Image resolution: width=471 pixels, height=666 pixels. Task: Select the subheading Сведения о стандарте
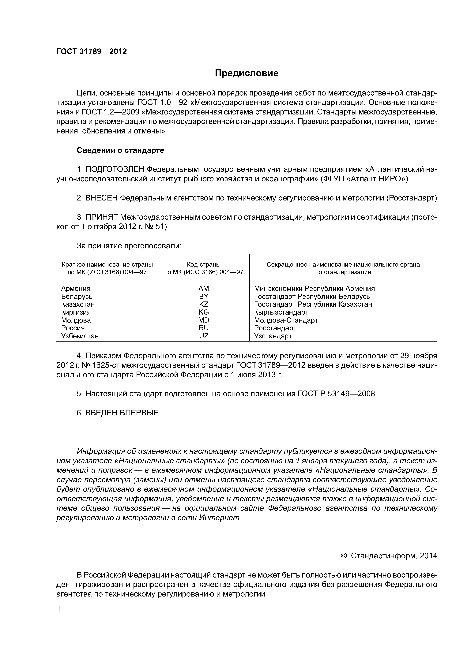pyautogui.click(x=120, y=150)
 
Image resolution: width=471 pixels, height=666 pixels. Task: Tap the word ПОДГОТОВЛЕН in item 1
pyautogui.click(x=115, y=169)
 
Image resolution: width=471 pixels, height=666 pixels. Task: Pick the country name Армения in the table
pyautogui.click(x=76, y=289)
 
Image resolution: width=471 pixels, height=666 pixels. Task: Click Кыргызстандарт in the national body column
pyautogui.click(x=281, y=312)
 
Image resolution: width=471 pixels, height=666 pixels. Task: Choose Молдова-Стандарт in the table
pyautogui.click(x=286, y=320)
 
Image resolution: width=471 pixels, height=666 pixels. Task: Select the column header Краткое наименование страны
pyautogui.click(x=107, y=264)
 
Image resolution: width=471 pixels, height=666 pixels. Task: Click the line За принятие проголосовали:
pyautogui.click(x=129, y=246)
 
